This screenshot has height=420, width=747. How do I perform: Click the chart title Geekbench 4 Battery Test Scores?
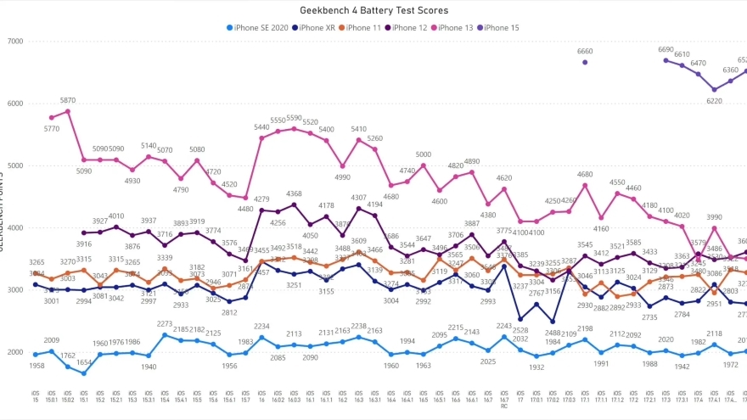pos(373,10)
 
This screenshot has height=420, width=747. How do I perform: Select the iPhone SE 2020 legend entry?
pos(260,27)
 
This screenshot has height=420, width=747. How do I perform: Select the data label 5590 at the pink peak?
pos(294,119)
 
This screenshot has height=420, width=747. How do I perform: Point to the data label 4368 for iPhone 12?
pos(294,194)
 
